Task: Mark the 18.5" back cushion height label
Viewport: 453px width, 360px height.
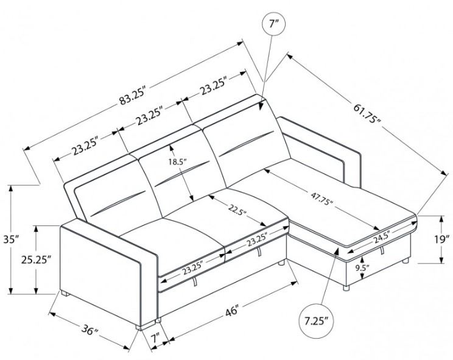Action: tap(178, 162)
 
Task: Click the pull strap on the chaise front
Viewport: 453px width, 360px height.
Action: tap(382, 252)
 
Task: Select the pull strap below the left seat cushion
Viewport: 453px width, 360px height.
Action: tap(194, 282)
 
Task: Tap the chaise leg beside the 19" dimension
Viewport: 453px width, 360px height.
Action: tap(406, 263)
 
